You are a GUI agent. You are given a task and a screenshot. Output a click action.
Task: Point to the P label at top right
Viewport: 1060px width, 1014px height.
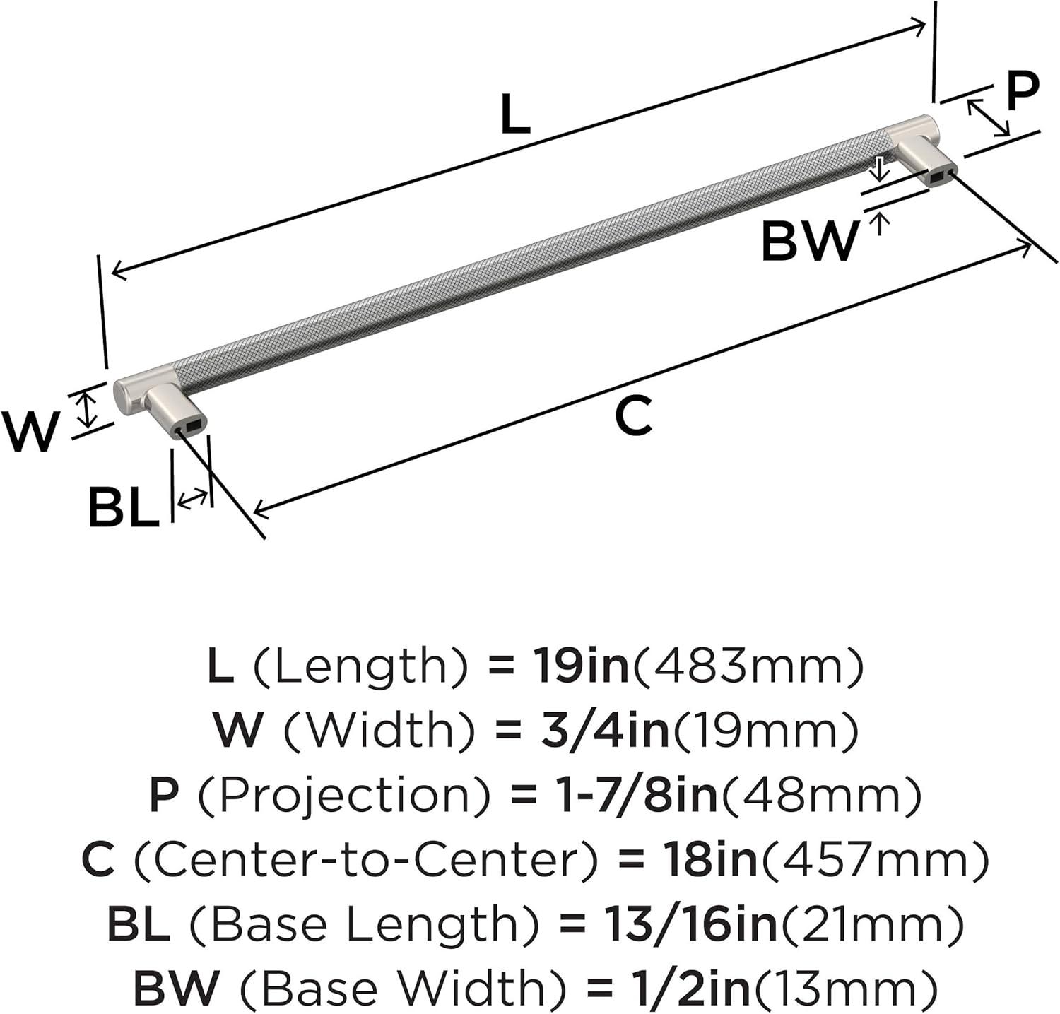1023,92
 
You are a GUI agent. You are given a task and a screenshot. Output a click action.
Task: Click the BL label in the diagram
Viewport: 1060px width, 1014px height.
123,507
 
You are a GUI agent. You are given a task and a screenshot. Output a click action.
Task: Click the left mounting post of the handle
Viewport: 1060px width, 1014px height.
175,410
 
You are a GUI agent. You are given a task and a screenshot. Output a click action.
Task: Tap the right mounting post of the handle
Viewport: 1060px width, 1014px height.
926,163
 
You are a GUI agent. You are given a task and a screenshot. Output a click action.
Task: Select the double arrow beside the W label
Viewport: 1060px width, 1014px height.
86,411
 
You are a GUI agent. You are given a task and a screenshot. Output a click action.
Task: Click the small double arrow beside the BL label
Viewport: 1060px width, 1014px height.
192,499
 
